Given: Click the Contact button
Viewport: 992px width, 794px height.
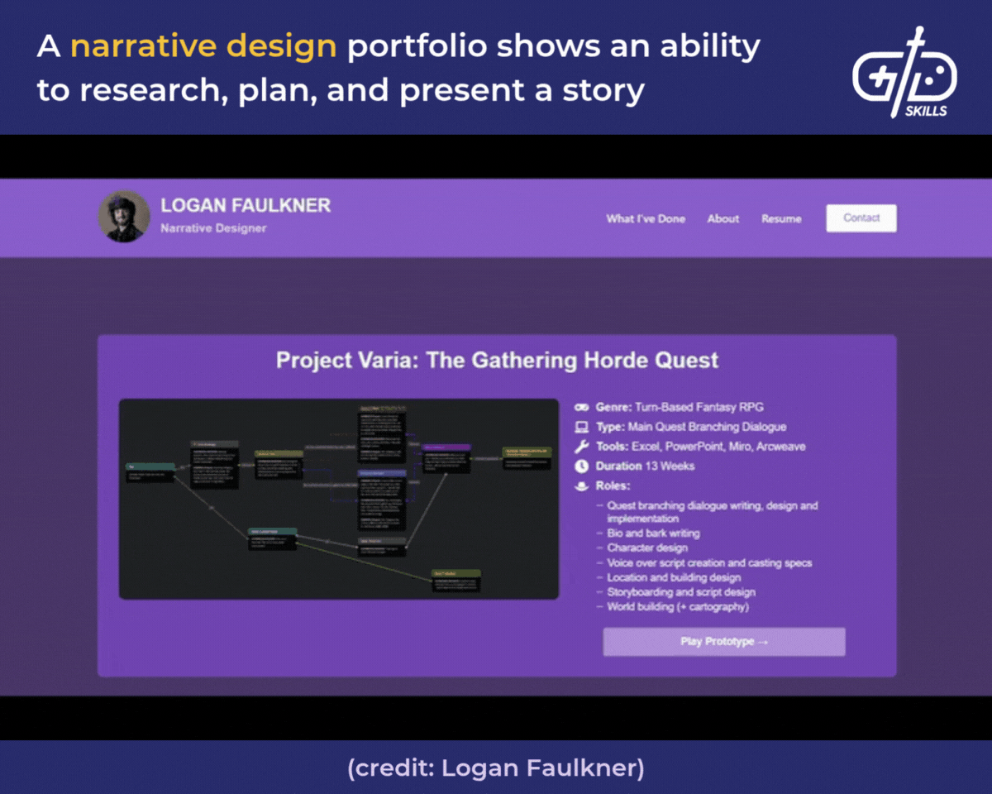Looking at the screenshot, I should pos(861,218).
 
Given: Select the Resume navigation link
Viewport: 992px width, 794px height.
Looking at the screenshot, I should pos(781,219).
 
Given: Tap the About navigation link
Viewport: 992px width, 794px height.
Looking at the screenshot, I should pos(723,219).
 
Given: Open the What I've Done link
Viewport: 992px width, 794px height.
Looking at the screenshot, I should pos(646,219).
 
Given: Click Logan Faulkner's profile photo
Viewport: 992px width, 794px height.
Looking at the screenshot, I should pos(124,218).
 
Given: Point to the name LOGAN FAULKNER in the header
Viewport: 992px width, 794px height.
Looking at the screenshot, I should pos(246,206).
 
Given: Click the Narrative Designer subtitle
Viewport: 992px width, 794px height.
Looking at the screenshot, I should pos(213,228).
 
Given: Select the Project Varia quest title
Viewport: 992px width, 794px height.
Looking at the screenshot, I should pos(497,361).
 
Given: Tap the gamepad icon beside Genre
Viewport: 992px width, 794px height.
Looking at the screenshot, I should pos(582,407).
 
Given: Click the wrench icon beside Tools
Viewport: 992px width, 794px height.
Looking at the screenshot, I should pos(582,447).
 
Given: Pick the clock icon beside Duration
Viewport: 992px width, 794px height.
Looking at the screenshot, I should pos(582,466).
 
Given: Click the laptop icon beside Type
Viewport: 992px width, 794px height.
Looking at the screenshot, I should pos(582,427).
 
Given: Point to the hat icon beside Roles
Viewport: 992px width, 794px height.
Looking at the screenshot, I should pos(582,486).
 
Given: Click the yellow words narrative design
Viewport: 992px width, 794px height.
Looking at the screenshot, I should pos(203,47).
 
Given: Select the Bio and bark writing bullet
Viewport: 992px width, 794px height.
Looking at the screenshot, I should pos(653,533).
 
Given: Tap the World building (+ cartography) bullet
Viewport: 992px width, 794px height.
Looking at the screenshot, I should pos(677,607).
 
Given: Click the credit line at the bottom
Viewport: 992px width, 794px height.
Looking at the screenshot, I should pos(496,768).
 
